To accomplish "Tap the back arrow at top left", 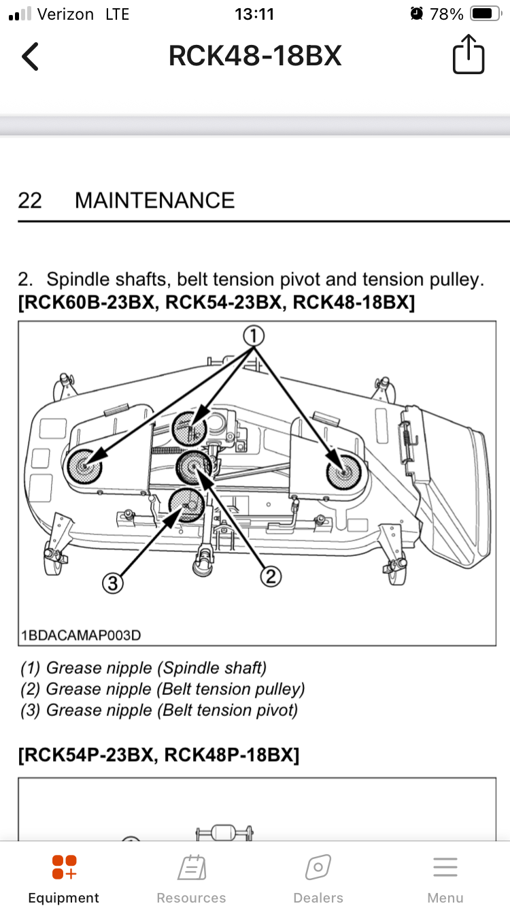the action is point(30,56).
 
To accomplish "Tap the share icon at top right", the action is point(469,54).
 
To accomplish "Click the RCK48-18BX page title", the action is point(255,56).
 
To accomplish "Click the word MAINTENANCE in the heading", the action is point(155,200).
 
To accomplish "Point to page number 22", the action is point(30,200).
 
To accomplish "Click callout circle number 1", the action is point(254,336).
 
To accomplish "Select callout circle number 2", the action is point(271,576).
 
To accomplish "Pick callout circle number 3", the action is point(113,583).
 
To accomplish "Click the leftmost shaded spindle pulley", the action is point(84,466).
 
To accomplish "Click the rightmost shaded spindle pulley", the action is point(344,472).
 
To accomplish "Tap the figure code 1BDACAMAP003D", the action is point(81,635).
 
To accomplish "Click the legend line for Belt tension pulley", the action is point(163,689).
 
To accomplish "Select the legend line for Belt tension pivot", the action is point(159,710).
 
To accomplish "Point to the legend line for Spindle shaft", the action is point(143,668).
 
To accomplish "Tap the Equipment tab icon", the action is point(64,867).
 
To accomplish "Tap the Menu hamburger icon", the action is point(445,867).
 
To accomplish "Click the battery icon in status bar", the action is point(486,14).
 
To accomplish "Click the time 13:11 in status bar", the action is point(254,14).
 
